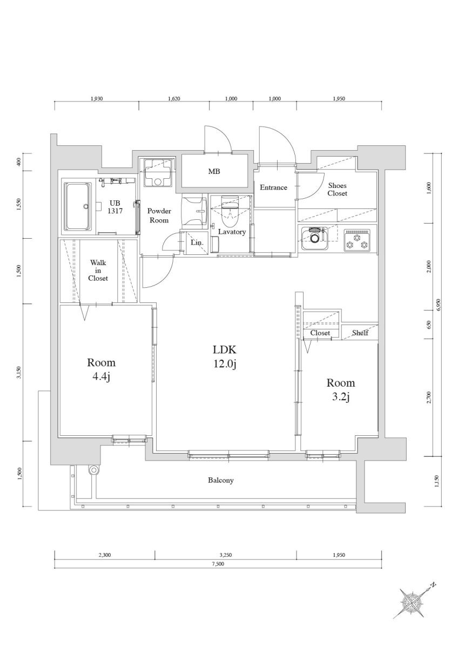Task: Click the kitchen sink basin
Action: tap(314, 238)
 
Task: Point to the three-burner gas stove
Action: tap(357, 239)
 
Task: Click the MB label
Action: tap(214, 172)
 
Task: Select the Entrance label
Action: tap(273, 187)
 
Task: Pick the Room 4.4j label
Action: tap(101, 369)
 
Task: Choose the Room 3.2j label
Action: tap(340, 390)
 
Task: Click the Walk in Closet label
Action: tap(98, 271)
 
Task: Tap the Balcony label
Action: tap(220, 480)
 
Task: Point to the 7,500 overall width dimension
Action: tap(218, 564)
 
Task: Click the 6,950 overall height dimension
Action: tap(439, 305)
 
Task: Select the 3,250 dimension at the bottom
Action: tap(226, 555)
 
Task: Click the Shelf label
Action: tap(360, 333)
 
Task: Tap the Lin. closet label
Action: tap(197, 243)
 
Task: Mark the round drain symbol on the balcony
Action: tap(93, 470)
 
